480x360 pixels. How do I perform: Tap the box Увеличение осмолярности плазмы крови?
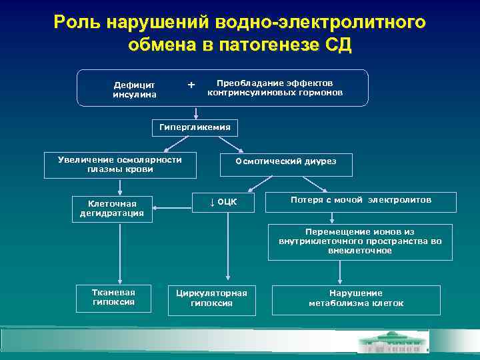coord(120,165)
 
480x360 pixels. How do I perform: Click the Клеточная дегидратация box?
coord(112,208)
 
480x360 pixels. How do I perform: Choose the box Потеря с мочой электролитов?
coord(361,201)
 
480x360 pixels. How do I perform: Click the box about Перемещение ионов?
coord(360,241)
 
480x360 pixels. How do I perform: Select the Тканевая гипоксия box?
coord(113,297)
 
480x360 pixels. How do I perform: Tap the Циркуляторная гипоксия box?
coord(211,298)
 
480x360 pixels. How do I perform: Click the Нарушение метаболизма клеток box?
coord(355,299)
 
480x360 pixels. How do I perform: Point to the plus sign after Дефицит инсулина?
coord(191,85)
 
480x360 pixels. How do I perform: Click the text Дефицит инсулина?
coord(134,89)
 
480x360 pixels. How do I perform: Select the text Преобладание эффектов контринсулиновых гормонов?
coord(275,88)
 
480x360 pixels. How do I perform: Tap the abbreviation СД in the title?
coord(339,45)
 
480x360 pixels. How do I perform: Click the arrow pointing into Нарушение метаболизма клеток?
coord(341,272)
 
